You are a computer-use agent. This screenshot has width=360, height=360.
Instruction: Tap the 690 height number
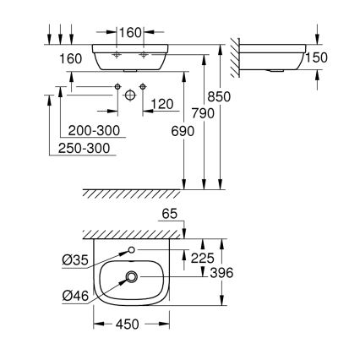pos(183,131)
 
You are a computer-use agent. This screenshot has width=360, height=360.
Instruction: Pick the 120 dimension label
pos(161,105)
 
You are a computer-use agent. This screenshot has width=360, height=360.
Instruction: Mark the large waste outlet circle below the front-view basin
pos(129,96)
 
